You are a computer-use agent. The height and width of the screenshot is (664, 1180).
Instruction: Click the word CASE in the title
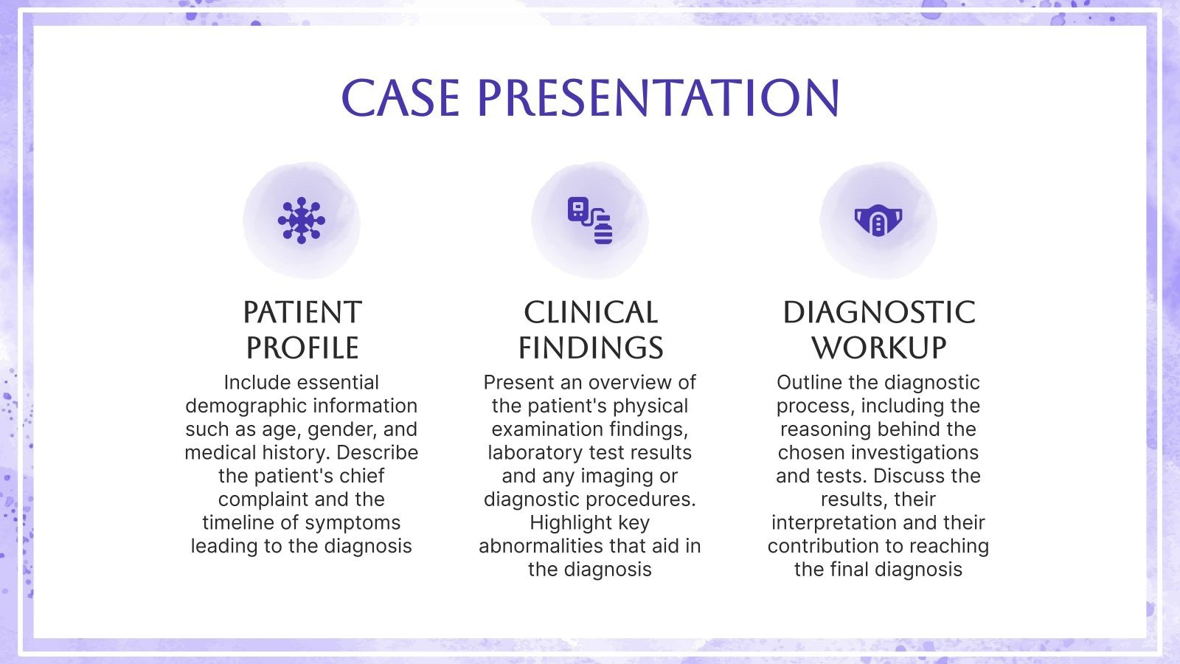click(400, 98)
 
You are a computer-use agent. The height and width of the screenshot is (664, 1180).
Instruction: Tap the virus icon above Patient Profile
click(301, 220)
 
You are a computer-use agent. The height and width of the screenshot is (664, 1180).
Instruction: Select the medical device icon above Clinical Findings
click(590, 220)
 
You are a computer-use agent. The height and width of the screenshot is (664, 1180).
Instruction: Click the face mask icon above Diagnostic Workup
click(878, 220)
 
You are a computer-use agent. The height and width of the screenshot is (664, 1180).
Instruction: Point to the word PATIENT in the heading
click(302, 313)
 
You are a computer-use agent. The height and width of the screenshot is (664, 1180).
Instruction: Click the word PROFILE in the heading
click(302, 348)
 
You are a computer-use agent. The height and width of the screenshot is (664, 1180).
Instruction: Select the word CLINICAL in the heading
click(590, 313)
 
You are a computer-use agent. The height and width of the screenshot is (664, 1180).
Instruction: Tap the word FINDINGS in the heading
click(590, 348)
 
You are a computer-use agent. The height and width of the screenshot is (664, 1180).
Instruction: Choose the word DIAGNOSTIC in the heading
click(878, 313)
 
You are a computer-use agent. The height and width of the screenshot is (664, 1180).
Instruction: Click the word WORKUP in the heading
click(878, 348)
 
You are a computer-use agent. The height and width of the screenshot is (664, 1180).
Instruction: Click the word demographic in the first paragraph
click(246, 406)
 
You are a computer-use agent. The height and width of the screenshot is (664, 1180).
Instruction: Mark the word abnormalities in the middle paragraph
click(542, 546)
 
